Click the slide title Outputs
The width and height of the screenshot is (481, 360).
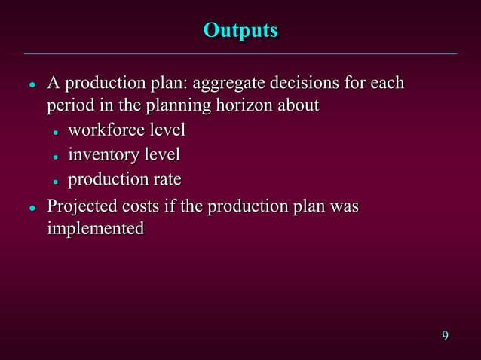tap(240, 31)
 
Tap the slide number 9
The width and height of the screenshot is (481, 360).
tap(445, 335)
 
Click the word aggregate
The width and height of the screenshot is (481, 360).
tap(231, 82)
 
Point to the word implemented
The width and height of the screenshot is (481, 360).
tap(95, 228)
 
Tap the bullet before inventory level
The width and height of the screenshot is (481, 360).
tap(56, 157)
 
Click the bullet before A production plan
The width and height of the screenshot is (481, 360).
tap(32, 83)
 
